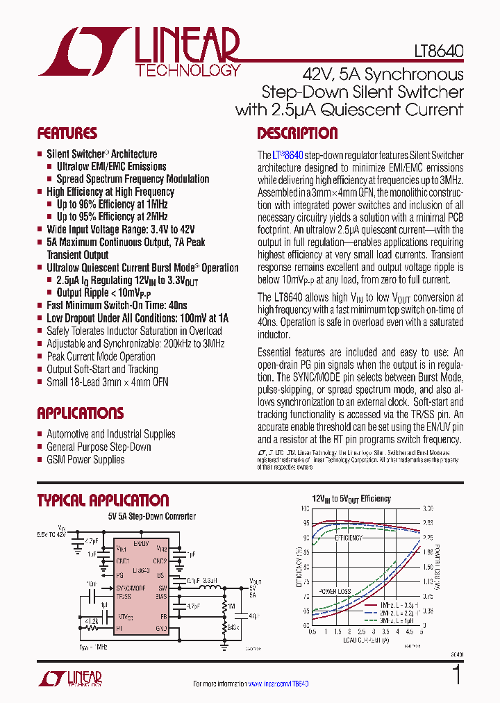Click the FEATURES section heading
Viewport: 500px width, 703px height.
67,133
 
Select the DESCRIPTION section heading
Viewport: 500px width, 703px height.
297,133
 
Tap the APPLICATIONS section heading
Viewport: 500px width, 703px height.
80,413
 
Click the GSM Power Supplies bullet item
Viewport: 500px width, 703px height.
85,459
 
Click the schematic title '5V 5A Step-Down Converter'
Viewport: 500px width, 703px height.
151,516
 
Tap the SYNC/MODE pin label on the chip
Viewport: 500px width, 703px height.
131,588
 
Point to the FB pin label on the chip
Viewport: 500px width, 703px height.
163,616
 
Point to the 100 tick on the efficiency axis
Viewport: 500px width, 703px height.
306,509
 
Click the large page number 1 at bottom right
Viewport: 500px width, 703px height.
456,676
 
